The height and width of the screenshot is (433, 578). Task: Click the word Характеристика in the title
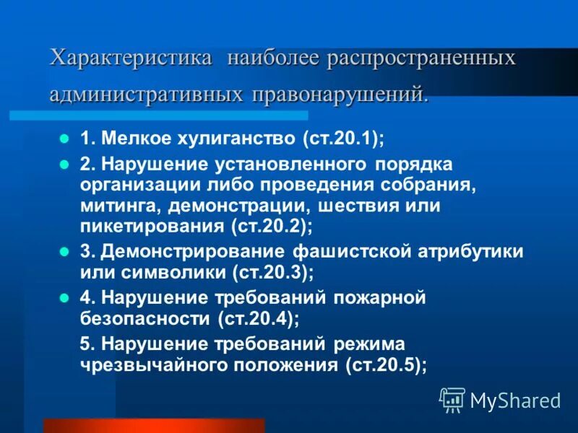point(131,58)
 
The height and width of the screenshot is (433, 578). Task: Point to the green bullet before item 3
point(64,253)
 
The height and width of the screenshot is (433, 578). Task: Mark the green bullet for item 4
point(64,297)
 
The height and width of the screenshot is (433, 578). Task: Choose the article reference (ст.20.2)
point(272,226)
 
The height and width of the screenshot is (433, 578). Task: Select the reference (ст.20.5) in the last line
point(386,364)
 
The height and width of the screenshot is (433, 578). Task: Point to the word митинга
point(121,206)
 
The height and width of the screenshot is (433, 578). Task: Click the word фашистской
point(352,252)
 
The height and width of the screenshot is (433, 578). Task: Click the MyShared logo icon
point(452,398)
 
